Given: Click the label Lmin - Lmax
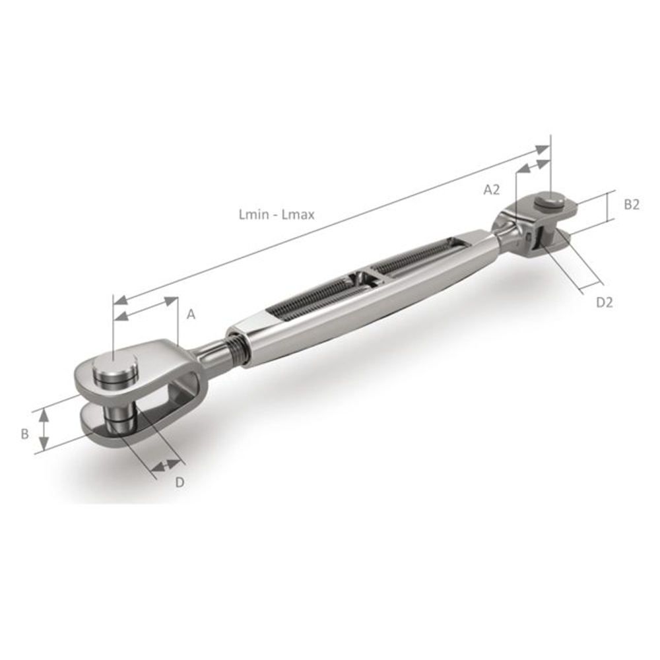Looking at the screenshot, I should point(277,214).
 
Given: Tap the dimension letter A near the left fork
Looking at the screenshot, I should point(191,315).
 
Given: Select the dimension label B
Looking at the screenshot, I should point(24,434).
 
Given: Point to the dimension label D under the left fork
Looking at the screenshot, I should point(179,482).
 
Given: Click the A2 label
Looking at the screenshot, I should point(492,190).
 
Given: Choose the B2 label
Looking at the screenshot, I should point(632,205).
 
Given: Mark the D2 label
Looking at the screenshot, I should point(605,302).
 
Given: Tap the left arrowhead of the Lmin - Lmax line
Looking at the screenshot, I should point(119,300).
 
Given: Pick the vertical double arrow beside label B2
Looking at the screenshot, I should point(607,209).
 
